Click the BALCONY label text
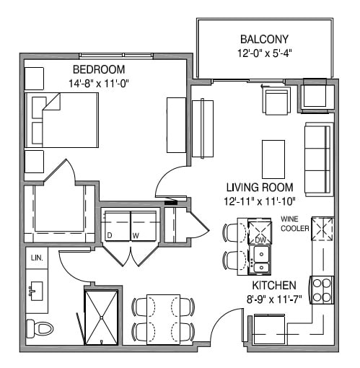point(265,39)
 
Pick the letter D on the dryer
point(110,235)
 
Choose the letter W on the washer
point(136,235)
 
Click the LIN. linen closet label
point(36,258)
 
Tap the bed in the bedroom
point(63,119)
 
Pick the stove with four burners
point(321,289)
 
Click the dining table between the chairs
point(163,318)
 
